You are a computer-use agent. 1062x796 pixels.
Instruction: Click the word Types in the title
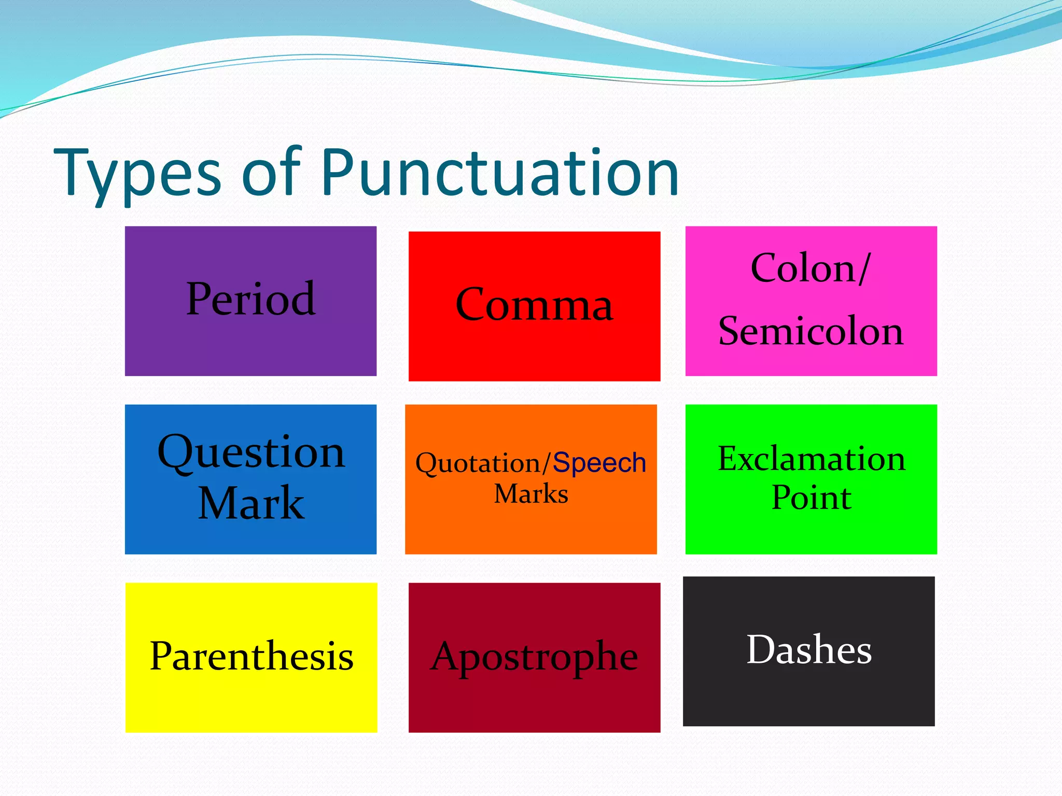point(137,174)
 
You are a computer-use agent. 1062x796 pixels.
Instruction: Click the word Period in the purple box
point(250,299)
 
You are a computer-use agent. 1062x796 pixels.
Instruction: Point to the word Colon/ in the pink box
point(810,268)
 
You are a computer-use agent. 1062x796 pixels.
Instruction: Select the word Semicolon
point(811,331)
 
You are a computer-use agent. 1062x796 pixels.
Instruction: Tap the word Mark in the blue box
point(251,503)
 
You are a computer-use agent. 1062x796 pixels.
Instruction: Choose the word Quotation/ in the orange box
point(483,463)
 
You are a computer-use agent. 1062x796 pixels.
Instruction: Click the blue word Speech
point(599,462)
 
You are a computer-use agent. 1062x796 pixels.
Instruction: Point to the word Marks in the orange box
point(531,494)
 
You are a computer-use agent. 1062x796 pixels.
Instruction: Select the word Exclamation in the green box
point(812,459)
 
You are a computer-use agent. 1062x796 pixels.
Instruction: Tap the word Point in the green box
point(812,498)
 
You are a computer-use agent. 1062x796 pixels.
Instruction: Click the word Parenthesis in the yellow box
point(251,656)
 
